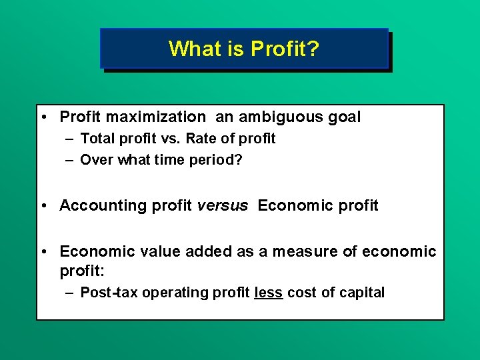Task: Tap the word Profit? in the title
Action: (278, 49)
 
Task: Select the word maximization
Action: (157, 117)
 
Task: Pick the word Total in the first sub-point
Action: (96, 139)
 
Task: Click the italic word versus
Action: (222, 205)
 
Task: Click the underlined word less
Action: (269, 293)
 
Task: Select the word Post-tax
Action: (106, 293)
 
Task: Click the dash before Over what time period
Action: (69, 160)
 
